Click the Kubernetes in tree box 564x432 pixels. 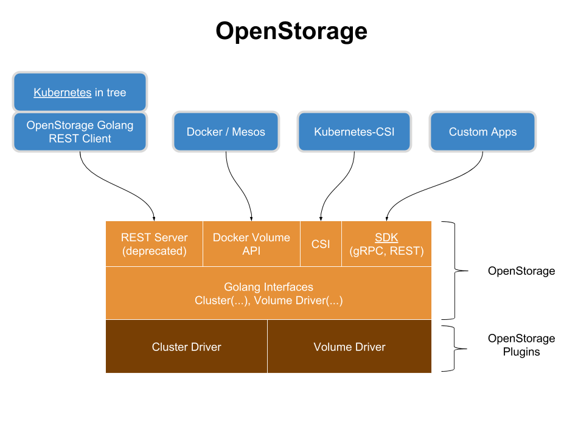[x=80, y=92]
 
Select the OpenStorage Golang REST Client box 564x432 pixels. [x=80, y=132]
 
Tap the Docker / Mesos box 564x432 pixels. [x=226, y=132]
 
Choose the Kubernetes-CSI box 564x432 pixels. [x=354, y=132]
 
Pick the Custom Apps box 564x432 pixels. [x=482, y=132]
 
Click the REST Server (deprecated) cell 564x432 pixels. [x=154, y=244]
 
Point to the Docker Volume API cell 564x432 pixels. [x=251, y=244]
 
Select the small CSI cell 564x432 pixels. [x=321, y=244]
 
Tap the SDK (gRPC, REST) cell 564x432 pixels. [x=386, y=244]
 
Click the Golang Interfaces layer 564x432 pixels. [x=268, y=293]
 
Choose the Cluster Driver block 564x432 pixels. [x=186, y=347]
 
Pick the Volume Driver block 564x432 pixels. [x=349, y=347]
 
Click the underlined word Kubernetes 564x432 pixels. [x=63, y=93]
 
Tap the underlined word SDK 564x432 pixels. [x=386, y=238]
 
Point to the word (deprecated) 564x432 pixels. [x=154, y=250]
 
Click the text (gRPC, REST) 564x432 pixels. [x=386, y=250]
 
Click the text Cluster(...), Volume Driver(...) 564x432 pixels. [x=268, y=300]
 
